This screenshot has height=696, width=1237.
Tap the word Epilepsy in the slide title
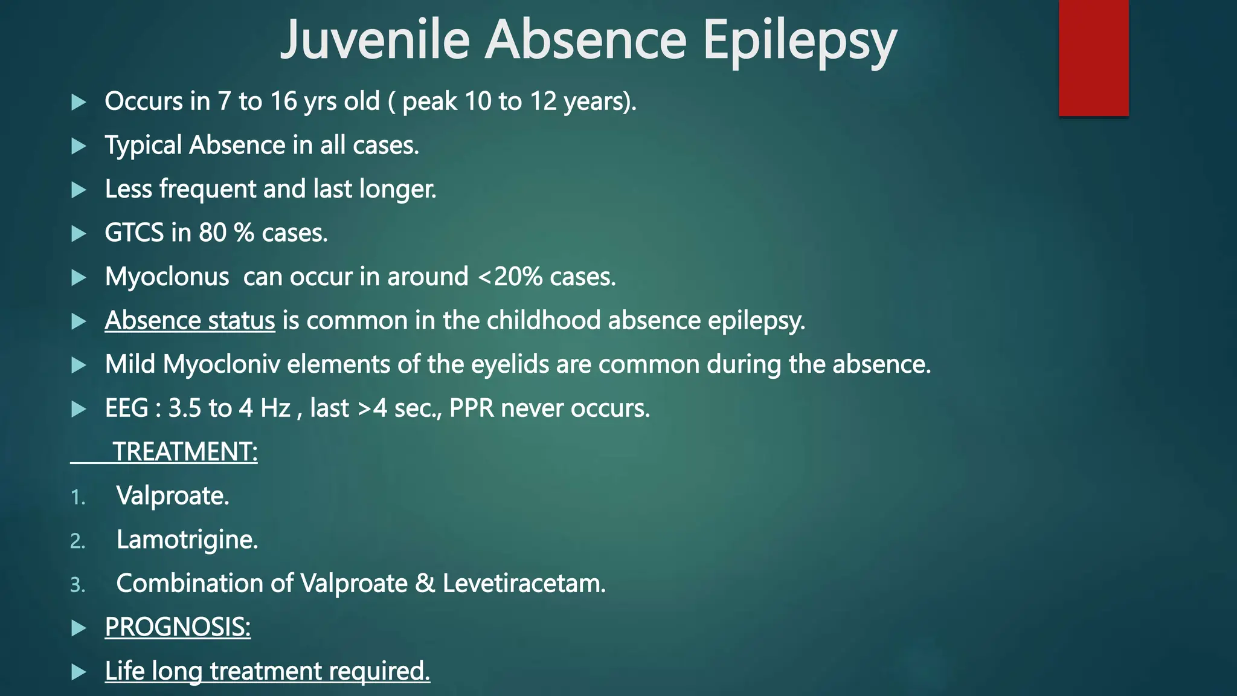(799, 41)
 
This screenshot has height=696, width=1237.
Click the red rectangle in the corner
(1093, 57)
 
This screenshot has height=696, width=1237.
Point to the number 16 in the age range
(283, 101)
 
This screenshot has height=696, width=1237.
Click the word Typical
(143, 146)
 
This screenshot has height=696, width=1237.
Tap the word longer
(397, 189)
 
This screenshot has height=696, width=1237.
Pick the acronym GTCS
(134, 233)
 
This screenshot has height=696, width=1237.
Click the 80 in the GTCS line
(213, 233)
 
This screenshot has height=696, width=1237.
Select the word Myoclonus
(167, 277)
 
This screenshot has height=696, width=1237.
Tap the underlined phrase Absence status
(190, 321)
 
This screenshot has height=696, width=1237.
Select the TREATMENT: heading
(185, 452)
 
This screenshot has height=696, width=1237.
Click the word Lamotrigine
(187, 540)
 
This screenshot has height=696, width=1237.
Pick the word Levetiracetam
(524, 584)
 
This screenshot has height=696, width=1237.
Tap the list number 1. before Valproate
(78, 497)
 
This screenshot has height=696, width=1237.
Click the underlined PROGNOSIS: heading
(178, 627)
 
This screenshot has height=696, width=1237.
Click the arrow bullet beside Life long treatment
(79, 672)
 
